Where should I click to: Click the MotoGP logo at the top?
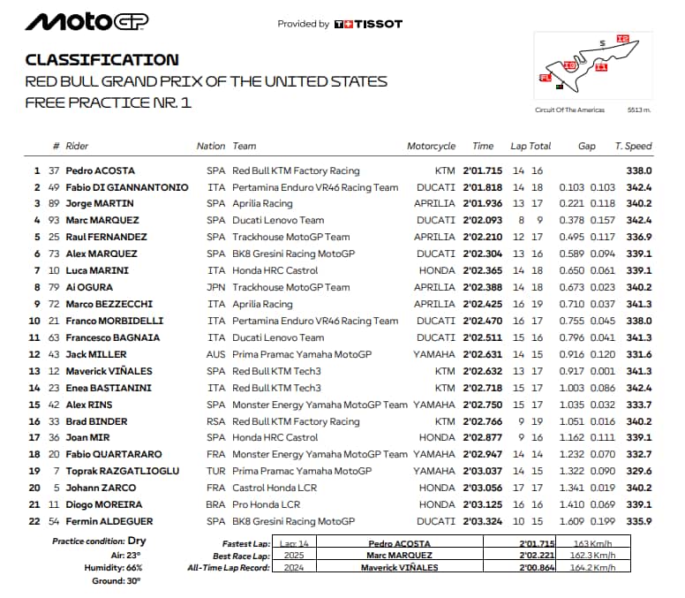pos(87,21)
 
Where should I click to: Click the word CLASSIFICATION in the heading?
pos(102,60)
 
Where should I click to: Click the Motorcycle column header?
pos(431,147)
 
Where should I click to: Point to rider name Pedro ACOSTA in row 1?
pos(101,170)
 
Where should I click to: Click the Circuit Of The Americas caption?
pos(569,110)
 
